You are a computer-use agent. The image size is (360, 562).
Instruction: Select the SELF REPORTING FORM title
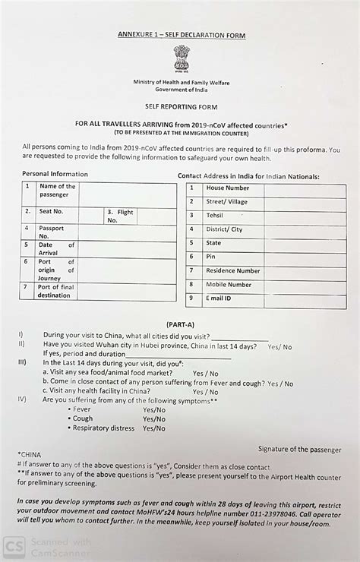(x=180, y=109)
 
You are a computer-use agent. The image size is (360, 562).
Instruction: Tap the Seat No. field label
(x=52, y=211)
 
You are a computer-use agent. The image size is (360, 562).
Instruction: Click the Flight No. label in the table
(x=119, y=216)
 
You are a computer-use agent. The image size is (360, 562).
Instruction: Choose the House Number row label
(x=228, y=188)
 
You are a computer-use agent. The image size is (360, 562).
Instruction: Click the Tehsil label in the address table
(x=215, y=216)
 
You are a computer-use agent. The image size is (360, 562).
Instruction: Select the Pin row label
(x=211, y=257)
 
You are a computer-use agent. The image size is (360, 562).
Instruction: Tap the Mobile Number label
(x=229, y=284)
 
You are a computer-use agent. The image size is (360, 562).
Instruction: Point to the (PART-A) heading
(x=181, y=324)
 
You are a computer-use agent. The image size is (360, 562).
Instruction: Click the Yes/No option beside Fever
(x=154, y=409)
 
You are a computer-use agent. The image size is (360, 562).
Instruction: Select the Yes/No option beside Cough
(x=154, y=418)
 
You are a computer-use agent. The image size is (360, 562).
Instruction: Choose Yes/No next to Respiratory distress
(x=154, y=428)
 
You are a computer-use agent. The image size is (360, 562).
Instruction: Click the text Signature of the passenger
(x=300, y=450)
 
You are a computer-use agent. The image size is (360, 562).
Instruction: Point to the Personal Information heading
(x=55, y=174)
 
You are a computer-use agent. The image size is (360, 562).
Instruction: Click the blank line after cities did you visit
(x=240, y=339)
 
